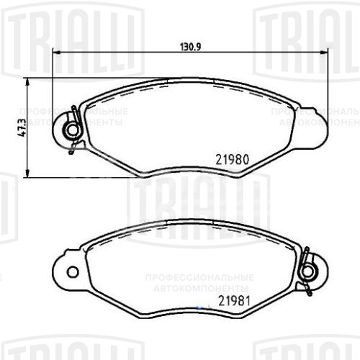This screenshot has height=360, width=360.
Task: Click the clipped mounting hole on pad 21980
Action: click(72, 130)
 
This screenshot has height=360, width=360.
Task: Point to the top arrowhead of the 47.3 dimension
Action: click(27, 81)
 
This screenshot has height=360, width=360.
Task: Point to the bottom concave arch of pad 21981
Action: click(191, 308)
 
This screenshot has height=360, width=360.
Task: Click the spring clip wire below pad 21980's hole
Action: click(73, 147)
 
